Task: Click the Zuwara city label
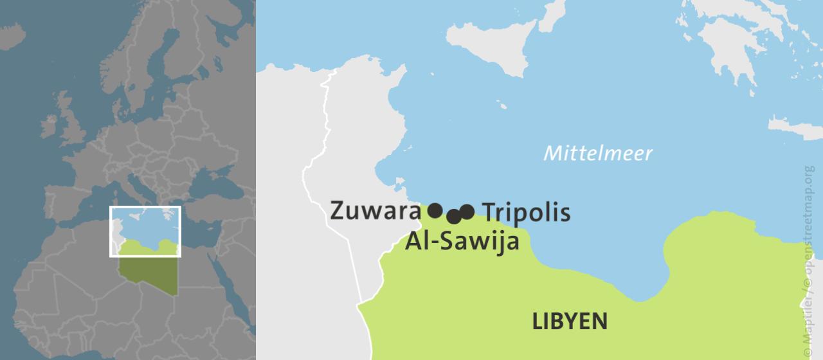375,211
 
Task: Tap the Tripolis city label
525,212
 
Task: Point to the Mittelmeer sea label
597,153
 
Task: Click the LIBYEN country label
569,321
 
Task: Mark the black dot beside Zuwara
435,210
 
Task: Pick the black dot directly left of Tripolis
467,212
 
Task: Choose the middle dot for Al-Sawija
454,216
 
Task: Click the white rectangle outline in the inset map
145,207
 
